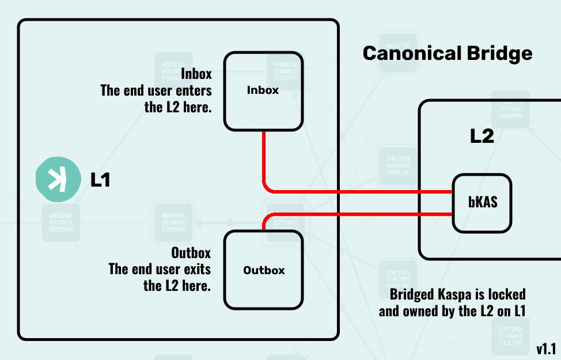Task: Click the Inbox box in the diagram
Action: pyautogui.click(x=263, y=91)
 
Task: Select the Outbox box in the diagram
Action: pyautogui.click(x=263, y=270)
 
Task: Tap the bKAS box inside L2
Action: pyautogui.click(x=482, y=203)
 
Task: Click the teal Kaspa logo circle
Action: pyautogui.click(x=57, y=180)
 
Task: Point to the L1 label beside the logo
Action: pyautogui.click(x=100, y=180)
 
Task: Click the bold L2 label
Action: pyautogui.click(x=482, y=137)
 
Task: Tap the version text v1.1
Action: pyautogui.click(x=546, y=348)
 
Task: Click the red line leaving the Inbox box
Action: pyautogui.click(x=264, y=161)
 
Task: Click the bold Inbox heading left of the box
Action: pyautogui.click(x=196, y=74)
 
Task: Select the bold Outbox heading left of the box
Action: pyautogui.click(x=191, y=253)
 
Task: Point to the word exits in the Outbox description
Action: pyautogui.click(x=196, y=269)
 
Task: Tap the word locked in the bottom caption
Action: pyautogui.click(x=506, y=294)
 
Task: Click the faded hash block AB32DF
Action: pyautogui.click(x=61, y=222)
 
